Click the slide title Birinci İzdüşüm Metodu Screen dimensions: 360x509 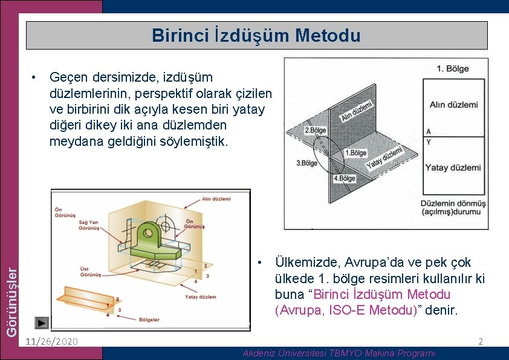tap(256, 35)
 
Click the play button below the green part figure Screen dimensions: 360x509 tap(42, 323)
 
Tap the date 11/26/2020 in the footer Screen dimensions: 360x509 tap(52, 341)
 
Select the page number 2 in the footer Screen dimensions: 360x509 tap(481, 342)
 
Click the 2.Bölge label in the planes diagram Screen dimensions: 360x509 tap(315, 130)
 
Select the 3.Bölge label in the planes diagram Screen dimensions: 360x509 tap(306, 163)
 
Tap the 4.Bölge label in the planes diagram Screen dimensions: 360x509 tap(345, 178)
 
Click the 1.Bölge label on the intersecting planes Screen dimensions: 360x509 tap(355, 153)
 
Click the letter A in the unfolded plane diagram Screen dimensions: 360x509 tap(429, 131)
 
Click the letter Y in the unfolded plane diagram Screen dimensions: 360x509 tap(429, 142)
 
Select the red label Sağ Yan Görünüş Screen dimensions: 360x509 tap(89, 226)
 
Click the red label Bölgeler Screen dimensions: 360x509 tap(149, 319)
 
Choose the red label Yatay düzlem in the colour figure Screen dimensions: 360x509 tap(200, 297)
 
